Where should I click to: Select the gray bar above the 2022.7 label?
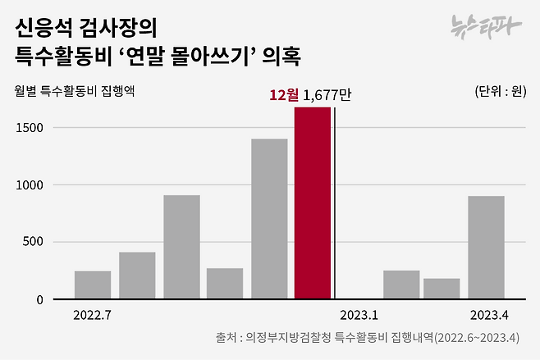click(93, 285)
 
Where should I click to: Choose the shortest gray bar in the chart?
click(442, 289)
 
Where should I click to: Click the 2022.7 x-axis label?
click(92, 315)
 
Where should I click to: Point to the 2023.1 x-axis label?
click(359, 315)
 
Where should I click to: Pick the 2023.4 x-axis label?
click(490, 315)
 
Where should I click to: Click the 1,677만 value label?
click(327, 95)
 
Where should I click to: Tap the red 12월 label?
click(284, 95)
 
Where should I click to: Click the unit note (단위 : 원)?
click(500, 91)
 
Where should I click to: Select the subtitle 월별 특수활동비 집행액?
click(75, 91)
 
